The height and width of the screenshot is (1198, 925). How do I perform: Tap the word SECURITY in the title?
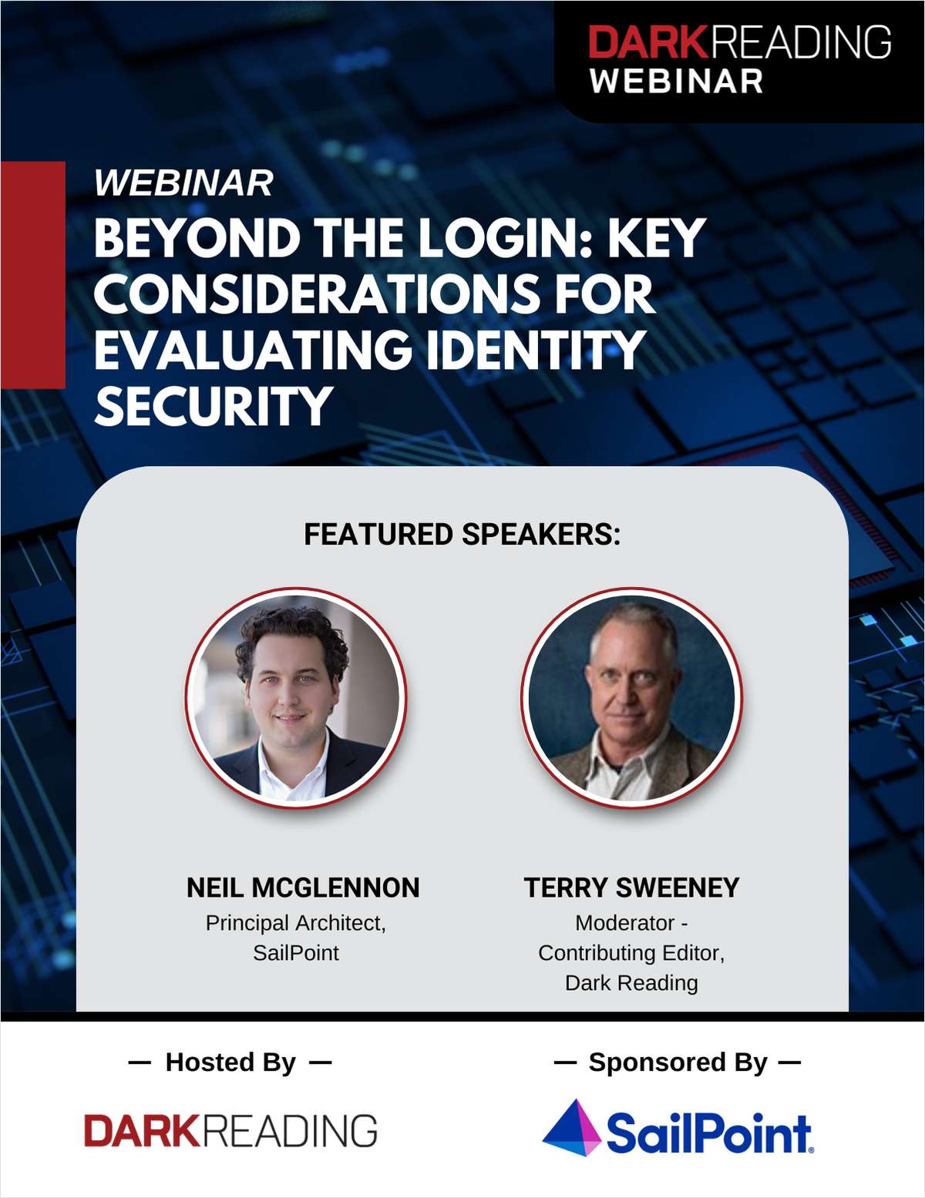click(214, 406)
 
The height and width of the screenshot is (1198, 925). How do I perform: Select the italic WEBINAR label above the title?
click(183, 183)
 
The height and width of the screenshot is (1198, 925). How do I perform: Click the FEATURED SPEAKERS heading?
click(462, 534)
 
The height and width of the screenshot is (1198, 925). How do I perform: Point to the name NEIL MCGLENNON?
click(303, 888)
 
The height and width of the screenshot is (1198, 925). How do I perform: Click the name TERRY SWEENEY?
click(631, 888)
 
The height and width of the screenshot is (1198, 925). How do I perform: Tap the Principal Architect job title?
click(296, 923)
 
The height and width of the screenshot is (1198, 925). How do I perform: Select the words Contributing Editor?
click(631, 953)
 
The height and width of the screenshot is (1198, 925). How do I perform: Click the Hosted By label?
click(230, 1062)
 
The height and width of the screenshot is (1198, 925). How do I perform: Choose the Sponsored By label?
click(678, 1062)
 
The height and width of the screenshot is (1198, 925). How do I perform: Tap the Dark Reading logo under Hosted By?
click(230, 1130)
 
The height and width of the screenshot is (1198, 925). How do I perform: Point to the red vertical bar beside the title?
click(32, 274)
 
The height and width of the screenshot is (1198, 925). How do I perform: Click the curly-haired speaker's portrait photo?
click(296, 697)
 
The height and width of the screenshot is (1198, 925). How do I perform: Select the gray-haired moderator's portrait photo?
click(631, 697)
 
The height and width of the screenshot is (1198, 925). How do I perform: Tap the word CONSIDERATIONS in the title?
click(317, 294)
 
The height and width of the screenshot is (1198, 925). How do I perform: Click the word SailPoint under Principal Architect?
click(296, 953)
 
